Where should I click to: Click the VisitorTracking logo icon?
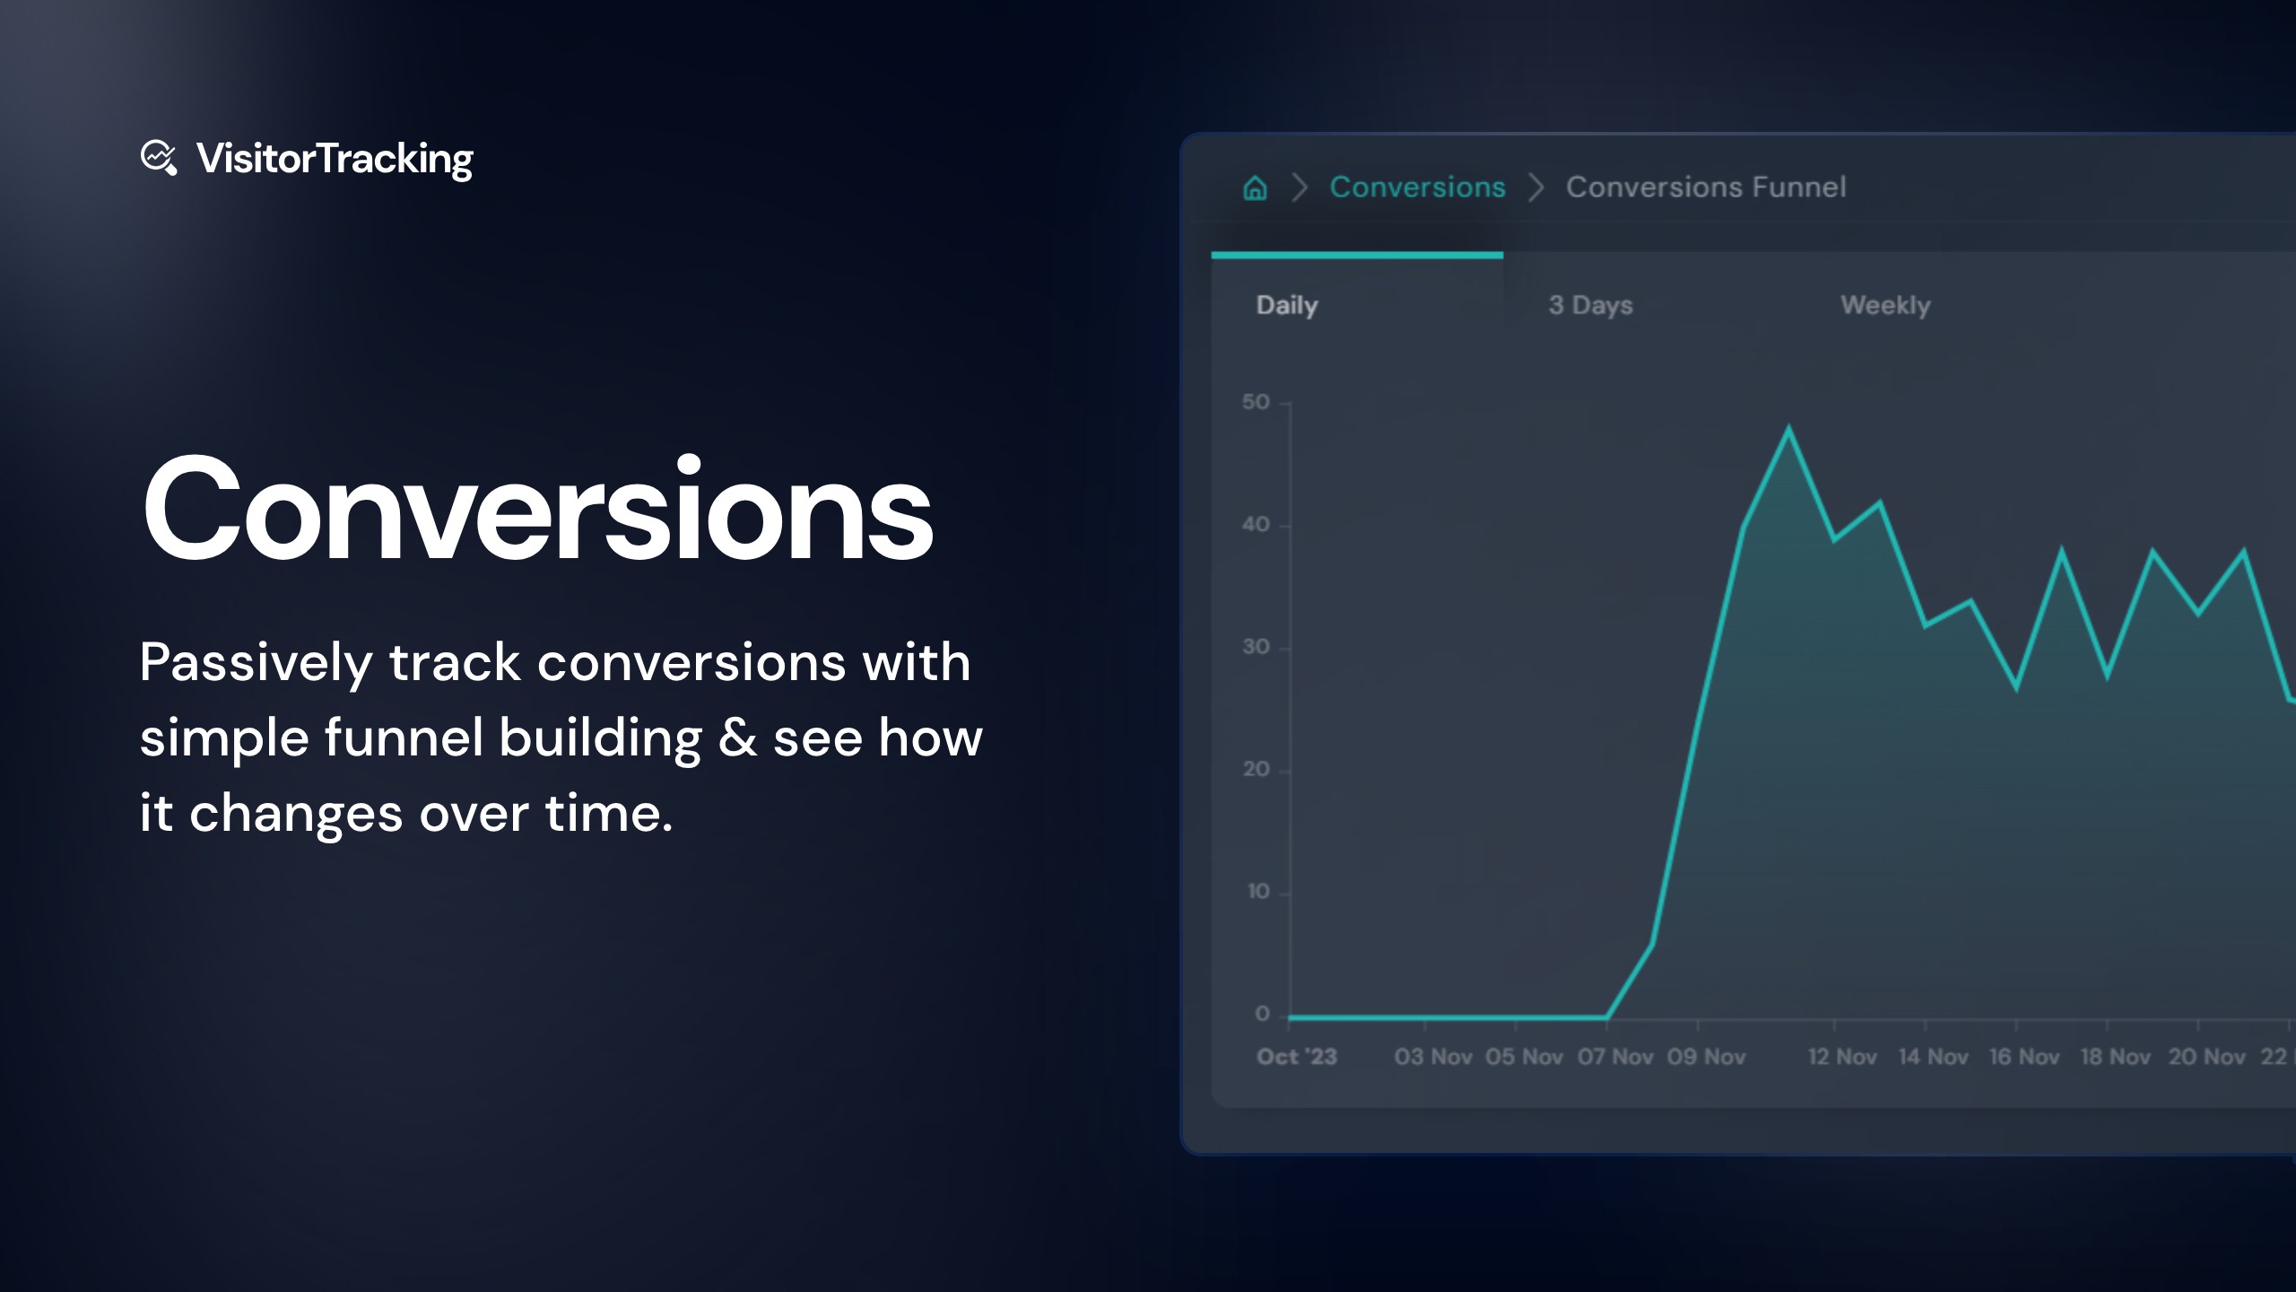[159, 158]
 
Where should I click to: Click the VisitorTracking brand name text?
[335, 159]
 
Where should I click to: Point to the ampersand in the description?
[737, 738]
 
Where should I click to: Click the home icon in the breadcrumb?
[1255, 188]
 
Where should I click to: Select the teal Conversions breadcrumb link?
[1417, 187]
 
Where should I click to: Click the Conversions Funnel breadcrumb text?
[1705, 187]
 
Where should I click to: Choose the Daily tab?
[1287, 305]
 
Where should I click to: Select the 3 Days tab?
[1590, 305]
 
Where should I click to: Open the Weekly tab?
[1885, 305]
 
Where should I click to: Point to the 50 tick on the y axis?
[1256, 402]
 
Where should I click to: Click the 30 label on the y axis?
[1256, 647]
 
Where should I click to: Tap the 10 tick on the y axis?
[1258, 892]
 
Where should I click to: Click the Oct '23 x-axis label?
[1296, 1057]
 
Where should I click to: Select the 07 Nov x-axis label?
[1615, 1057]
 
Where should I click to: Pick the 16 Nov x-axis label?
[2024, 1057]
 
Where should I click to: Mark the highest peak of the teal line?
[1788, 428]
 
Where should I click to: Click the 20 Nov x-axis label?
[2206, 1057]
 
